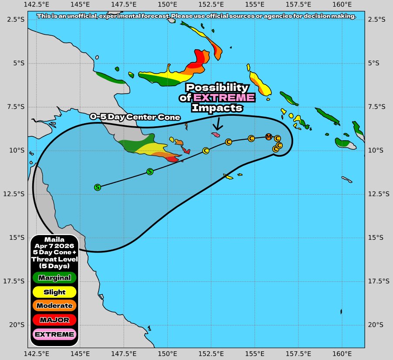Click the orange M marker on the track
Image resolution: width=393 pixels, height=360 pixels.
coord(268,137)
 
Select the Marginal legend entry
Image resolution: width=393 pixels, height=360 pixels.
coord(54,277)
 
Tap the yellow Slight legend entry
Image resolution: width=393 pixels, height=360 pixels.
coord(54,292)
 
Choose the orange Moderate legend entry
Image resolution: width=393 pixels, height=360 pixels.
coord(54,306)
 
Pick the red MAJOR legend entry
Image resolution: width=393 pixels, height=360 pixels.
coord(54,320)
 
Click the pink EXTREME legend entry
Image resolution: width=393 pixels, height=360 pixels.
coord(54,334)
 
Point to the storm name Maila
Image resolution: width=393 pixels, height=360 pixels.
coord(54,239)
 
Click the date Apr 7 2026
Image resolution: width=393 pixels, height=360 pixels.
coord(54,246)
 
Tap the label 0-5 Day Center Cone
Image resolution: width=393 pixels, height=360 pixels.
coord(135,117)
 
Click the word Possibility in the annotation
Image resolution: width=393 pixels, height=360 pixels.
coord(217,87)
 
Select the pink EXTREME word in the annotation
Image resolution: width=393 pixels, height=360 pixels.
coord(224,98)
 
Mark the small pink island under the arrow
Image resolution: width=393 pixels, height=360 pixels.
coord(216,135)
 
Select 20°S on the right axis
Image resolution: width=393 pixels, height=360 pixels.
coord(376,325)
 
